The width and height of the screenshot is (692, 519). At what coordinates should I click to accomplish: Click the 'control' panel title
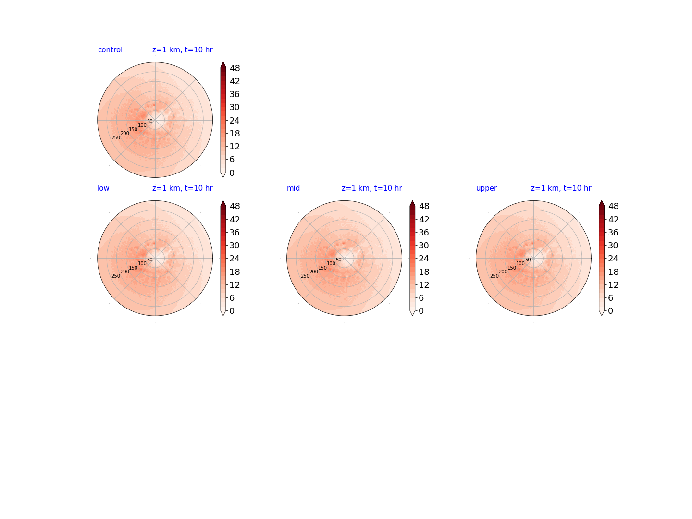pos(110,50)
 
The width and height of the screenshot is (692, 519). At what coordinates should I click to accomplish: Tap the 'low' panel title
pos(103,188)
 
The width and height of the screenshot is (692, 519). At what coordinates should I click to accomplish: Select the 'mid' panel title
pos(293,188)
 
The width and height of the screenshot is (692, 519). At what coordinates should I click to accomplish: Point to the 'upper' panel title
pos(486,188)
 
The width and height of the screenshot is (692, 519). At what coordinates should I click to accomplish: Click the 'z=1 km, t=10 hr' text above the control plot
pos(182,50)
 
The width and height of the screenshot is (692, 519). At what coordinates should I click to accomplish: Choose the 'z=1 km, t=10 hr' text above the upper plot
pos(561,188)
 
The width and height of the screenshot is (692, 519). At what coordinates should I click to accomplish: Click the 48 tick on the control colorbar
pos(235,68)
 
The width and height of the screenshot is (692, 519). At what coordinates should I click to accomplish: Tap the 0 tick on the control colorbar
pos(232,173)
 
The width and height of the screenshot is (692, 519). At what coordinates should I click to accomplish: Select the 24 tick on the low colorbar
pos(235,259)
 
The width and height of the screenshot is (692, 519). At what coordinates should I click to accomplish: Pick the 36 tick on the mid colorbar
pos(424,233)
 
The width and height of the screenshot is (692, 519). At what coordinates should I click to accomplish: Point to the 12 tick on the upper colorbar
pos(613,285)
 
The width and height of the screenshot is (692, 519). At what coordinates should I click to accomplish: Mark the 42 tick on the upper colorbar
pos(613,219)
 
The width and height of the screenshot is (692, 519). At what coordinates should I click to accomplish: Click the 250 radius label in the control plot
pos(116,138)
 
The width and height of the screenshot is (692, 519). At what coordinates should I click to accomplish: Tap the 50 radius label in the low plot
pos(150,259)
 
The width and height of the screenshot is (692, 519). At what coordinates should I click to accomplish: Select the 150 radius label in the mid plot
pos(322,268)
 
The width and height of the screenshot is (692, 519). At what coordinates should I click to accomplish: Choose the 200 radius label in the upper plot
pos(503,272)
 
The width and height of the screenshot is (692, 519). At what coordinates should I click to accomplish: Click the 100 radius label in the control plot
pos(142,125)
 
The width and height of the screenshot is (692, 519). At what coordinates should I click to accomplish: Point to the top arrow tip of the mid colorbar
pos(412,200)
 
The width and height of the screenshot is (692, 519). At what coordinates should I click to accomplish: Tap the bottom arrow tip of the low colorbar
pos(223,315)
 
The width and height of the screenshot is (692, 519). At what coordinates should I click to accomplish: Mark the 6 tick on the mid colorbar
pos(421,298)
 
